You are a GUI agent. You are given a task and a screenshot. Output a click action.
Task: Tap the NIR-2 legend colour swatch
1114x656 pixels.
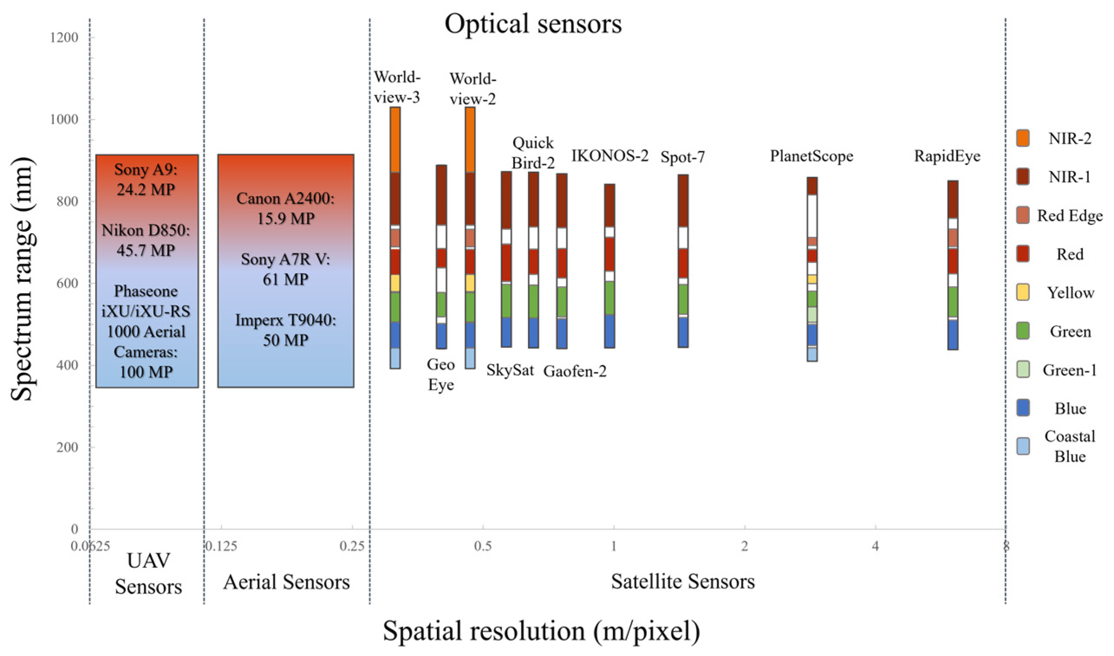click(1023, 138)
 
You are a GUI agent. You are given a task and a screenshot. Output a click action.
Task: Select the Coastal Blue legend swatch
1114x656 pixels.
click(1023, 446)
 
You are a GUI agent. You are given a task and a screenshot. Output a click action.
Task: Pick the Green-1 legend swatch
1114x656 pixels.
click(1023, 369)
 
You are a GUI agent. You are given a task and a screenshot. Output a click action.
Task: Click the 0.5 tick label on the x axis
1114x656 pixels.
click(483, 546)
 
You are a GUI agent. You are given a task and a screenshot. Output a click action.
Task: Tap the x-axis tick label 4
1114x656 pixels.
click(875, 546)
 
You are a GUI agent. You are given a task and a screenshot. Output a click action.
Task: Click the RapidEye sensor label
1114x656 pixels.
click(947, 156)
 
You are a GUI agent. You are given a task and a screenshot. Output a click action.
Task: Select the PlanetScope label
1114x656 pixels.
click(811, 156)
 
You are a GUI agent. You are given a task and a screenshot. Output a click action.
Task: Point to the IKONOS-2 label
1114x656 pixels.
click(609, 155)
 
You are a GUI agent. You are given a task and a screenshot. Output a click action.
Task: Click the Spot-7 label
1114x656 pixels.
click(682, 157)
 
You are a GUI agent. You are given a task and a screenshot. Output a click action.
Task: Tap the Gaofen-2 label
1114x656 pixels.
click(575, 372)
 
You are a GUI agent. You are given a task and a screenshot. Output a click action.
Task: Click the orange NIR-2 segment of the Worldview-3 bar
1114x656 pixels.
click(395, 140)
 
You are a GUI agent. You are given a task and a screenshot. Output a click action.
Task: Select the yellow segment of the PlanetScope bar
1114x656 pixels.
click(812, 279)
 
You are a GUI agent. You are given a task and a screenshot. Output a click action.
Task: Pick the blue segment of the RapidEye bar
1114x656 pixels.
click(952, 335)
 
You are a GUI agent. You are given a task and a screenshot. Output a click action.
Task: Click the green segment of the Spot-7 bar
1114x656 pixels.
click(683, 299)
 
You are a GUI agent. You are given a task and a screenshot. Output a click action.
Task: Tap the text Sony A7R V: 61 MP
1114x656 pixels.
click(285, 269)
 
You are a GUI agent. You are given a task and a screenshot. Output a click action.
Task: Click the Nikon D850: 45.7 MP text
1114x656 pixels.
click(146, 240)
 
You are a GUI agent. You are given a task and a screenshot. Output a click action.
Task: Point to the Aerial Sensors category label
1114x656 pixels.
click(286, 582)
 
